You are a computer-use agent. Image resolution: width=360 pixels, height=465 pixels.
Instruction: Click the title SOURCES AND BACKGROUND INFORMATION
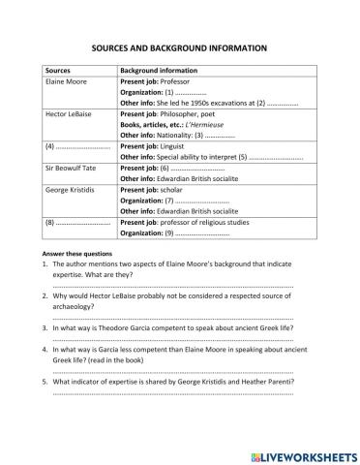179,46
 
